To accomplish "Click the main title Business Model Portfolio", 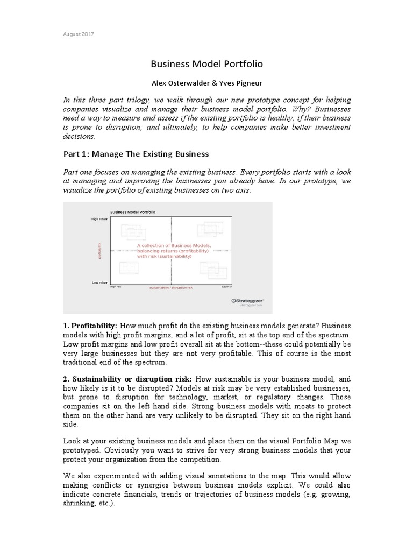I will click(206, 64).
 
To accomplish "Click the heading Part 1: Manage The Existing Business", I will click(136, 154).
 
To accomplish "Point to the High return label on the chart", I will click(99, 220).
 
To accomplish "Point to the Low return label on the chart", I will click(99, 282).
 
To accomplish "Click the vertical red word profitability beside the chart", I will click(99, 251).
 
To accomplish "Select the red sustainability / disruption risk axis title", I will click(170, 288).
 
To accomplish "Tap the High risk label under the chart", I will click(116, 287).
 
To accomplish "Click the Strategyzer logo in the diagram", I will click(247, 301).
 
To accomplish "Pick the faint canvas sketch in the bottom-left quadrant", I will click(129, 267).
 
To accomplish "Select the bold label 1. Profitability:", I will click(90, 327).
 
